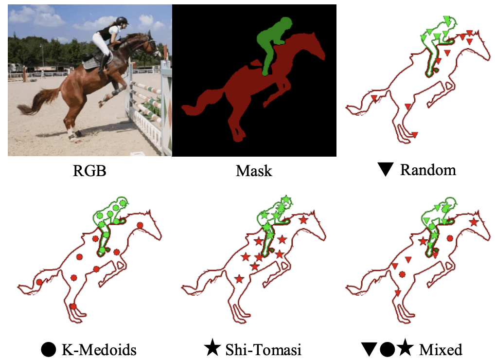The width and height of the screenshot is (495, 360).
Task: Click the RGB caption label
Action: coord(89,171)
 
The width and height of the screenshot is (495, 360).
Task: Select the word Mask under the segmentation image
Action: coord(254,171)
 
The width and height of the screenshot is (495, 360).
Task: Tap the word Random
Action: coord(428,170)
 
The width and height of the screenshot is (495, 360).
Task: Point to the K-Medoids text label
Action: coord(99,349)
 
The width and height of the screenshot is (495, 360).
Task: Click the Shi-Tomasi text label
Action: coord(263,349)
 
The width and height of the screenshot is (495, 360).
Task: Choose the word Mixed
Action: coord(441,349)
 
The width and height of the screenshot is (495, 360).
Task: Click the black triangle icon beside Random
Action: coord(386,170)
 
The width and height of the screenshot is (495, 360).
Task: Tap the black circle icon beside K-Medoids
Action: coord(48,349)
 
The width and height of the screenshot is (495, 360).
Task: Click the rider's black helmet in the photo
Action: coord(122,21)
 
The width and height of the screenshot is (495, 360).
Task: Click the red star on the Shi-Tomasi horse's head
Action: coord(303,220)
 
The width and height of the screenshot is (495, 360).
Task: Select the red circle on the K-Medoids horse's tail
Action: coord(39,282)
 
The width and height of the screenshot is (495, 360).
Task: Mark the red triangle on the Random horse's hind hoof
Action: coord(415,135)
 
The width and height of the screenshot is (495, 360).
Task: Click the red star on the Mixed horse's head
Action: coord(473,222)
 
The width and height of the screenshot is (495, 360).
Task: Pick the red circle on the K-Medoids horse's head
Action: coord(140,225)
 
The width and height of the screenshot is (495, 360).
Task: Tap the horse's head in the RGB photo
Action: coord(151,46)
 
